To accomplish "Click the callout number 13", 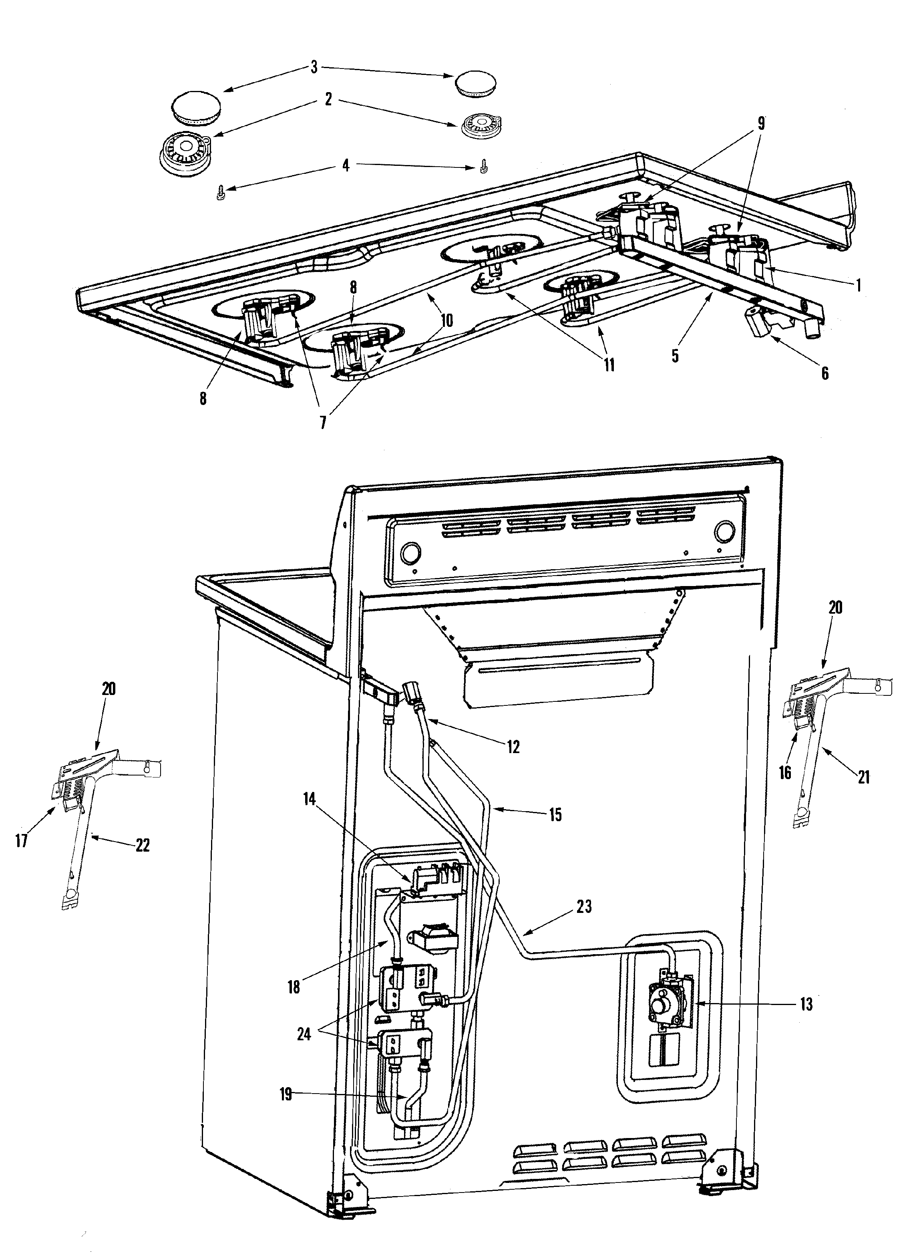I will coord(806,1004).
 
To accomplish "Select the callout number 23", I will coord(584,907).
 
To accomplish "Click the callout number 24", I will coord(304,1034).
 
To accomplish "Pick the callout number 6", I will coord(825,374).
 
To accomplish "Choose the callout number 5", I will coord(675,356).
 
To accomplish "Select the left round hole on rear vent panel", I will coord(410,552).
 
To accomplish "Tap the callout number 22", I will coord(143,846).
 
